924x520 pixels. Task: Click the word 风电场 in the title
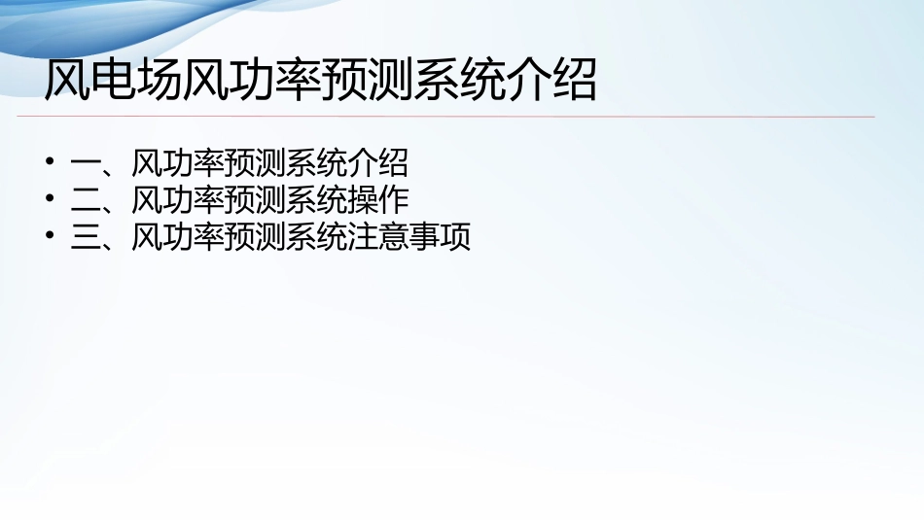[x=113, y=82]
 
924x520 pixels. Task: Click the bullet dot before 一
[x=51, y=162]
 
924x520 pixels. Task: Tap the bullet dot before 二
[x=51, y=200]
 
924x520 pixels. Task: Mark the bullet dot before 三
[x=51, y=238]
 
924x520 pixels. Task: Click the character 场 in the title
[x=159, y=82]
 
